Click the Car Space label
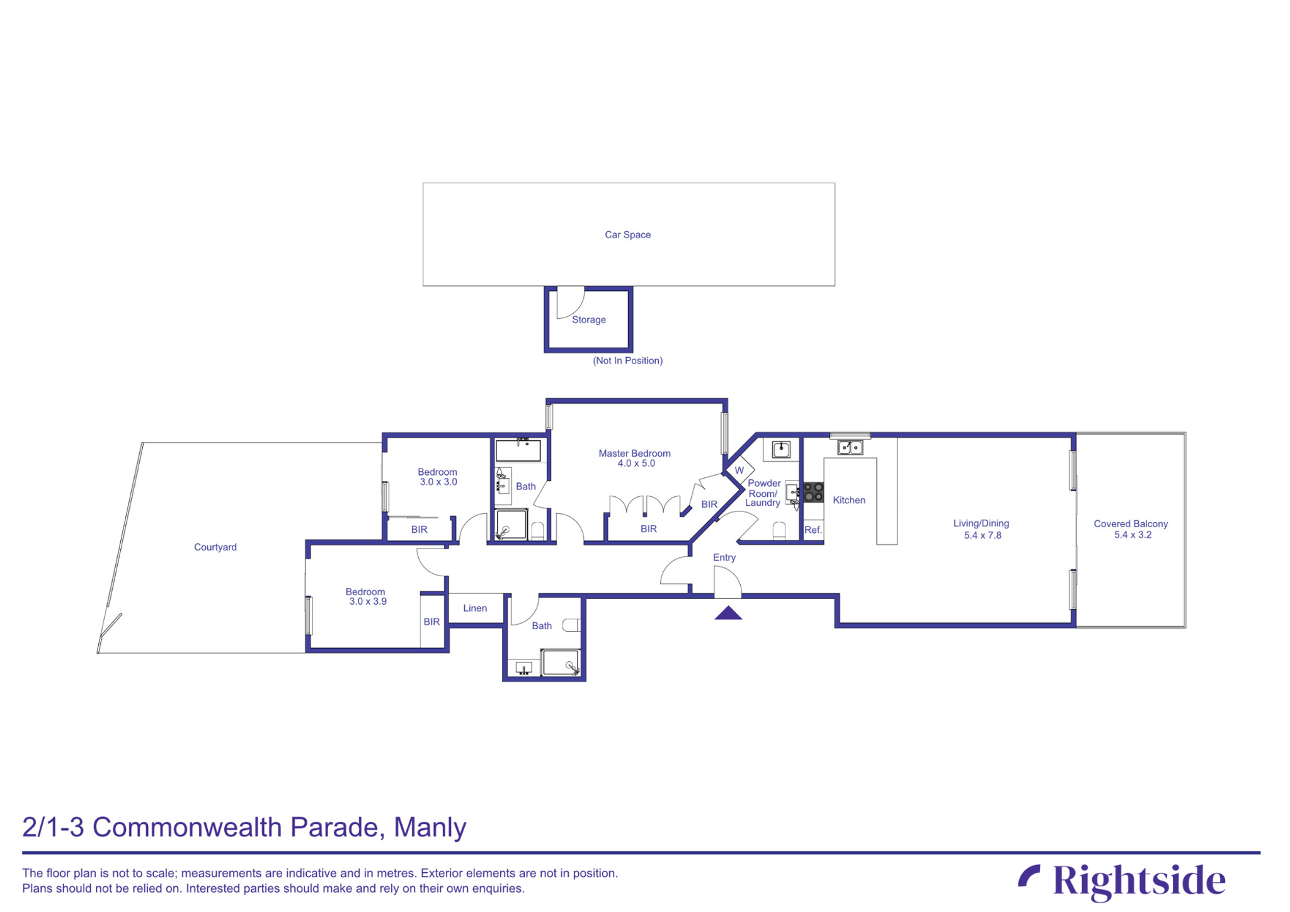(x=627, y=235)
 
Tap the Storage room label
(x=588, y=320)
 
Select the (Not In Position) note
(x=627, y=361)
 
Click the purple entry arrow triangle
(x=728, y=613)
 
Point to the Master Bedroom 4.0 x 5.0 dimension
(x=636, y=464)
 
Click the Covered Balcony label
(x=1130, y=524)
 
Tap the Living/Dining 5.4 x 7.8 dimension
(x=982, y=535)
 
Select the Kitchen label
(x=848, y=500)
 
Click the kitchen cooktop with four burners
(x=813, y=492)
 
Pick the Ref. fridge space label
(x=813, y=530)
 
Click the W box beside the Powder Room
(x=739, y=470)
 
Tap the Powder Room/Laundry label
(x=763, y=493)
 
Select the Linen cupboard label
(x=475, y=608)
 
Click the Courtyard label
(x=215, y=547)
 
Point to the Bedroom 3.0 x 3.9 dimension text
(x=368, y=601)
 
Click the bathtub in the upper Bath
(x=518, y=451)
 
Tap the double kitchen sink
(x=850, y=448)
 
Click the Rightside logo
(x=1122, y=881)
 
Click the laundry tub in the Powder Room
(x=781, y=449)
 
